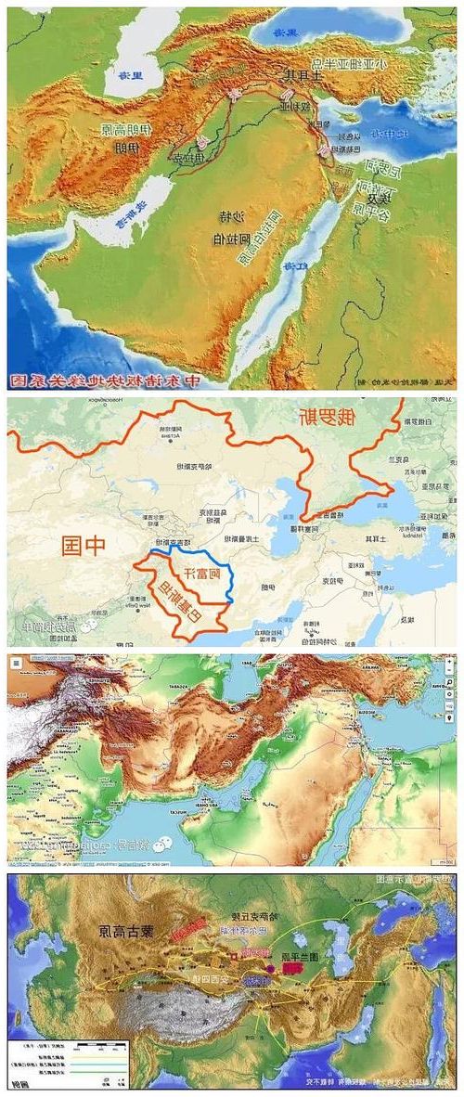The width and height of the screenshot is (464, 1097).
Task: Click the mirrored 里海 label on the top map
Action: (122, 76)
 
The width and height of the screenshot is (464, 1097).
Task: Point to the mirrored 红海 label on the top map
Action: (296, 266)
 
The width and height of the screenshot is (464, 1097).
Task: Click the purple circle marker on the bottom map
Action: (270, 968)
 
